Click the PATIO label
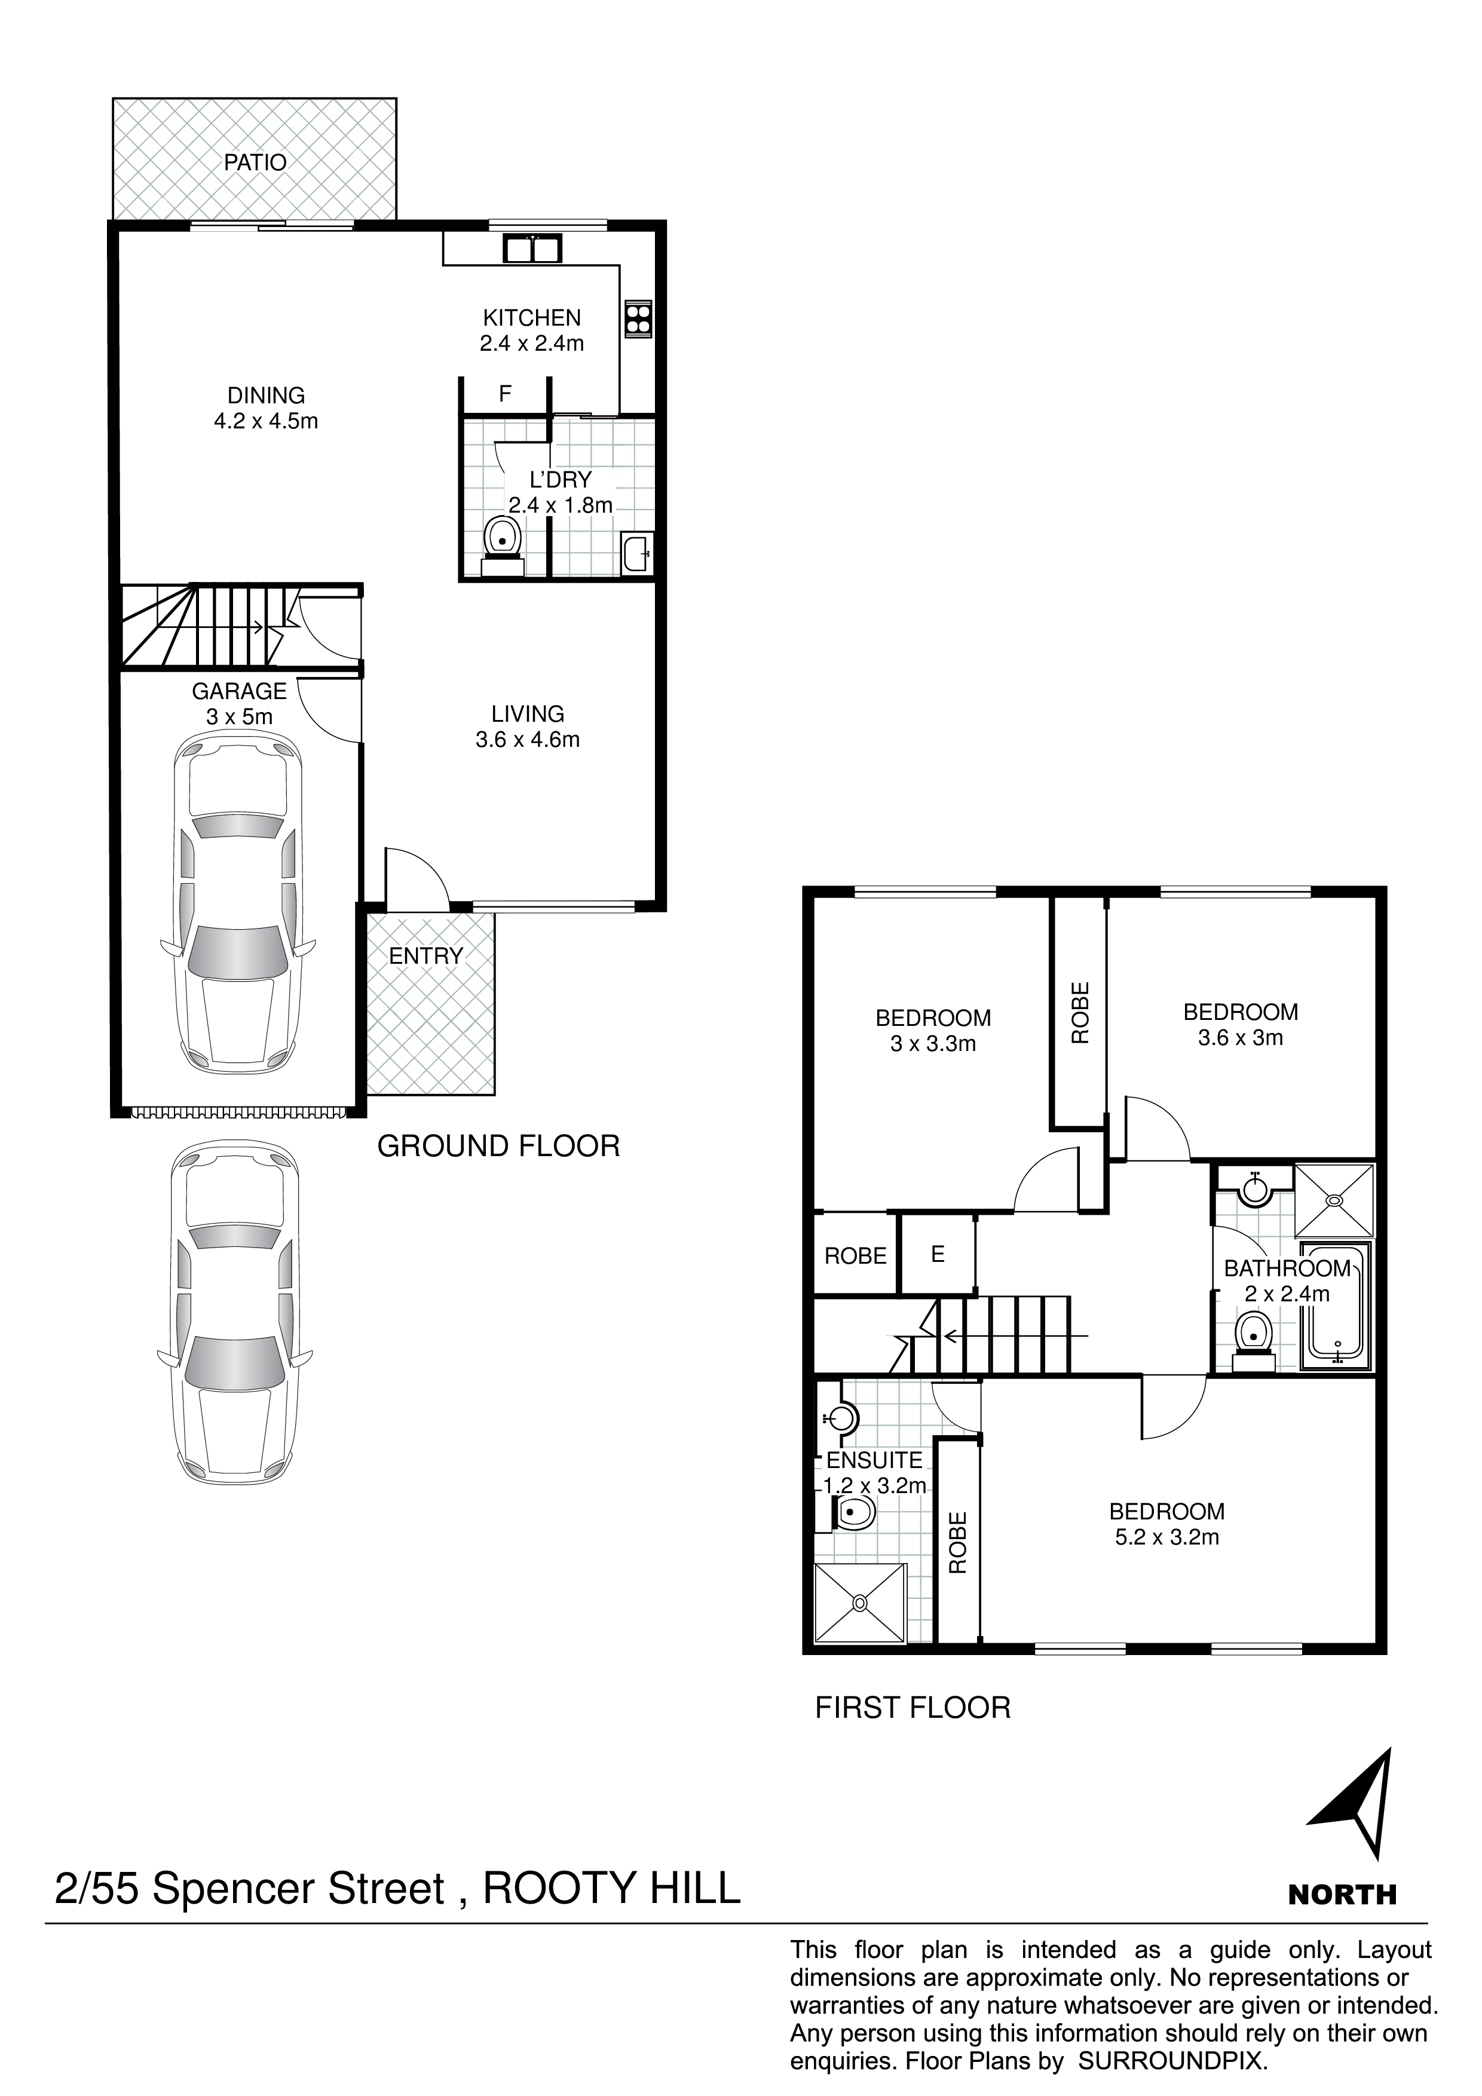[256, 163]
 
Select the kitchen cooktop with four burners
[638, 318]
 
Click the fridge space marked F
[505, 394]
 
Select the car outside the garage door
[237, 1313]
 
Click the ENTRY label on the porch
[425, 956]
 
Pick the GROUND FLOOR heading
[498, 1145]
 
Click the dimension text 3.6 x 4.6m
[528, 740]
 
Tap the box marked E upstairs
[938, 1254]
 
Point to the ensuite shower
[860, 1602]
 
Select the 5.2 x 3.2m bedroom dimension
[1167, 1536]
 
